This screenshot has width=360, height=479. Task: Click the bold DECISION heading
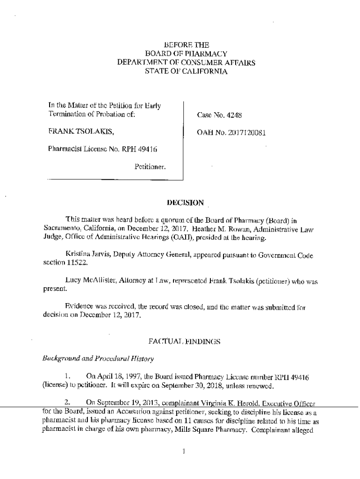click(x=186, y=203)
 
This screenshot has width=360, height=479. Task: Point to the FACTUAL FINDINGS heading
click(x=186, y=342)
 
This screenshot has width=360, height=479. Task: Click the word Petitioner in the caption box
click(x=150, y=166)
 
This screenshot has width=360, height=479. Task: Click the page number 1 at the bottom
click(x=184, y=451)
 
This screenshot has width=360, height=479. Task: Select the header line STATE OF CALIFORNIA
click(x=186, y=72)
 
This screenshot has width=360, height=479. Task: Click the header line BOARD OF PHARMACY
click(x=186, y=54)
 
